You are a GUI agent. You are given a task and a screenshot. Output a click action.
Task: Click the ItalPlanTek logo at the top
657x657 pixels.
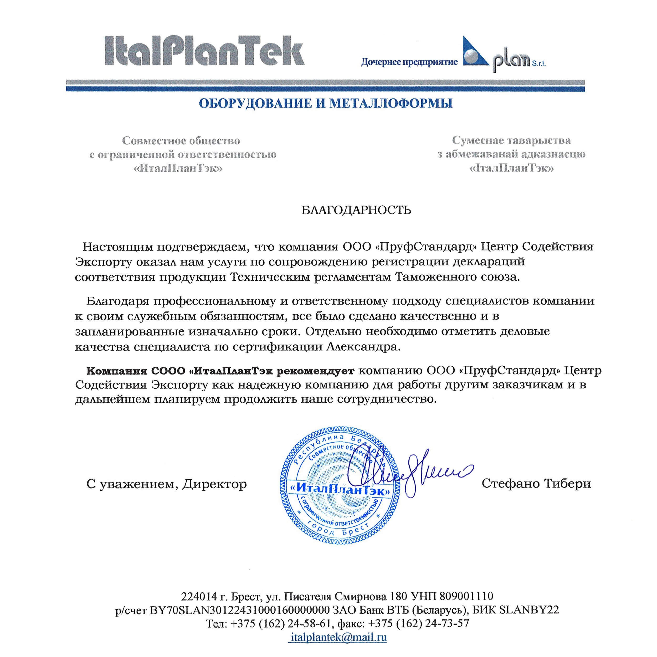(x=204, y=51)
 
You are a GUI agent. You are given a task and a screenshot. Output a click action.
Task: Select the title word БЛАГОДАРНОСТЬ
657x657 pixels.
(x=356, y=211)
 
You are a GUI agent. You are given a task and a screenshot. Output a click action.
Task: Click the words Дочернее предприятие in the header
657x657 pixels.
(x=409, y=62)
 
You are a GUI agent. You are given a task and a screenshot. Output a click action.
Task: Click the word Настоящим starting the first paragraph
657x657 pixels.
(x=118, y=247)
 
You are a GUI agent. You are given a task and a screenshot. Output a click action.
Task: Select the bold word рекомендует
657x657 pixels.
(x=315, y=370)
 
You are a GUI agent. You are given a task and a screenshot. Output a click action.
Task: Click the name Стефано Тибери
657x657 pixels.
(x=536, y=483)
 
